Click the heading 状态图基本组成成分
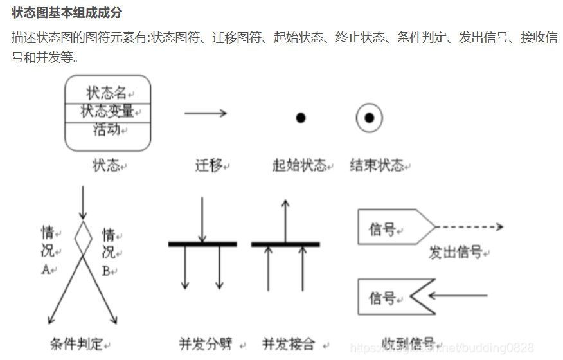click(x=67, y=13)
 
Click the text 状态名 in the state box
click(x=106, y=93)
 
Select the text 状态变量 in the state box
click(x=107, y=111)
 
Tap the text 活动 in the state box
click(x=107, y=129)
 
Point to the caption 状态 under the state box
click(x=106, y=166)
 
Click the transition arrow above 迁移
click(x=206, y=113)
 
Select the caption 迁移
click(x=209, y=166)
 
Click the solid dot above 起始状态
click(x=300, y=118)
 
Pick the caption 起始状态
click(x=299, y=166)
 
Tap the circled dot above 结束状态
click(x=370, y=118)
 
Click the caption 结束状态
click(x=377, y=166)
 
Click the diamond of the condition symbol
click(x=83, y=237)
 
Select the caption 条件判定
click(x=76, y=344)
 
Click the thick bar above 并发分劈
click(x=202, y=244)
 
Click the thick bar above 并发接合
click(x=285, y=244)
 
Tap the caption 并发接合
click(x=289, y=344)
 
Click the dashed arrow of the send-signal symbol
click(x=469, y=227)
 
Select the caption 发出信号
click(x=456, y=253)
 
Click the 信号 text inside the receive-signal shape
click(x=382, y=298)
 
